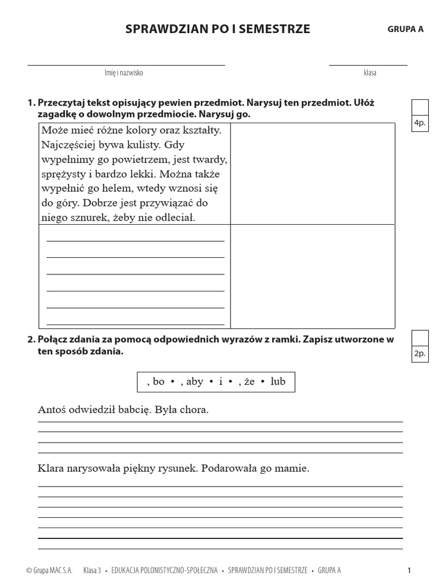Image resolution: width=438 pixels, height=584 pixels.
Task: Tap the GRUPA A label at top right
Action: tap(405, 30)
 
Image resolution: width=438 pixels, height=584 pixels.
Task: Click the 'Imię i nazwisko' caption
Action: tap(124, 73)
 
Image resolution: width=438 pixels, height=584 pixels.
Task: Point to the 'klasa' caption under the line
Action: tap(370, 73)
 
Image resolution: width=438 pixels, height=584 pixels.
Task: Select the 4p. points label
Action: tap(420, 123)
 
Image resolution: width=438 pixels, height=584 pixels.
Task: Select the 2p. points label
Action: tap(420, 354)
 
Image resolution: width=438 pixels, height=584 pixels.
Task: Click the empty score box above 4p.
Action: tap(420, 107)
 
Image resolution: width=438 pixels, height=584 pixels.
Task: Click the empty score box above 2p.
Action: tap(420, 338)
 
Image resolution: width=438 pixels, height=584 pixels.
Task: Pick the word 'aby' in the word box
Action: tap(194, 382)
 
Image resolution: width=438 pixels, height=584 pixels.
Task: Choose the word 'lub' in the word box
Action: tap(278, 382)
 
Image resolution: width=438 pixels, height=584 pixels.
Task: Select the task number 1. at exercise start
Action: tap(31, 103)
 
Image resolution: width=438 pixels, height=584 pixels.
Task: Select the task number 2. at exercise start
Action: tap(31, 340)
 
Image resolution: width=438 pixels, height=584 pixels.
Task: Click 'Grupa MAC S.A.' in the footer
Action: tap(49, 570)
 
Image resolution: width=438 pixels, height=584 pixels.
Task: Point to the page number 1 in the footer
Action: tap(409, 570)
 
